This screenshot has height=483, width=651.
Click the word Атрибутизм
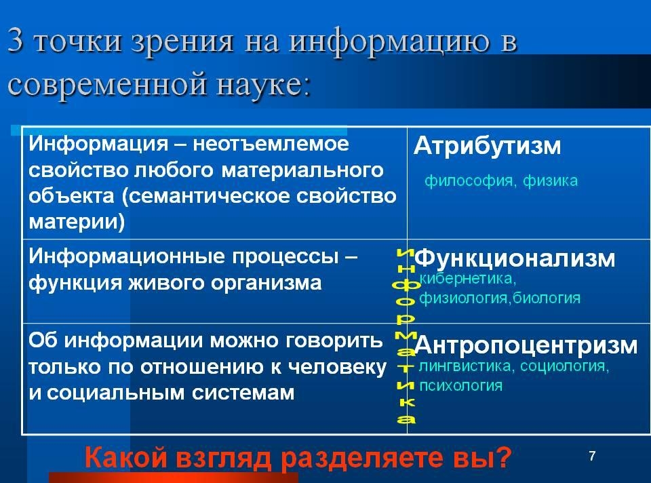tap(487, 146)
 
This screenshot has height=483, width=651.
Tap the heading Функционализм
tap(515, 258)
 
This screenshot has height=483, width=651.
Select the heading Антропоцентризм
tap(526, 345)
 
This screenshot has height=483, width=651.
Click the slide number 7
tap(593, 456)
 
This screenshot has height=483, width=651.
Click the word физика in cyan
tap(550, 181)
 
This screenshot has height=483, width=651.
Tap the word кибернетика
tap(468, 279)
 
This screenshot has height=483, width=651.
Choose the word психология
tap(461, 386)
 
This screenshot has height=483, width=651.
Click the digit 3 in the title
tap(16, 41)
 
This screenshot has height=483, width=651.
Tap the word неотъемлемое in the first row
tap(271, 144)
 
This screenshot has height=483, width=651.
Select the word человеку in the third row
tap(337, 368)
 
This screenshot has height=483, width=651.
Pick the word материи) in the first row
tap(77, 222)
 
